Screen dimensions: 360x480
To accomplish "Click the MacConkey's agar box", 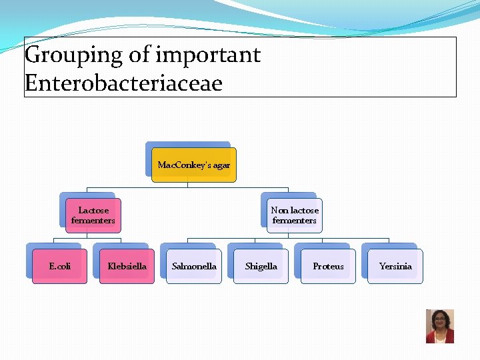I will tap(193, 165).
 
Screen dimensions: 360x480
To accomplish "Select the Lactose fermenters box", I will tap(93, 215).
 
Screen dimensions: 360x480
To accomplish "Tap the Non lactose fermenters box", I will tap(294, 215).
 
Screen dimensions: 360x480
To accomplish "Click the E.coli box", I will tap(60, 266).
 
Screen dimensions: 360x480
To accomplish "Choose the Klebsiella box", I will tap(127, 266).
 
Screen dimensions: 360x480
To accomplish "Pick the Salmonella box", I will tap(194, 266).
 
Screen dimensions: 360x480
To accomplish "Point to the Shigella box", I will tap(261, 266).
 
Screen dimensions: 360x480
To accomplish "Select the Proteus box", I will tap(328, 266).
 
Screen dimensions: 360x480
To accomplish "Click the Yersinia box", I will tap(395, 266).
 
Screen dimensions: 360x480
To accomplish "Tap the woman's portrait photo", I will tap(440, 326).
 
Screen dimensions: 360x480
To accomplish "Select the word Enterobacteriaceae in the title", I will tap(123, 83).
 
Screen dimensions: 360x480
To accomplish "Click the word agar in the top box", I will tap(221, 165).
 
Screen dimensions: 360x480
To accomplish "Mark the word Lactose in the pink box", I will tap(93, 210).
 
